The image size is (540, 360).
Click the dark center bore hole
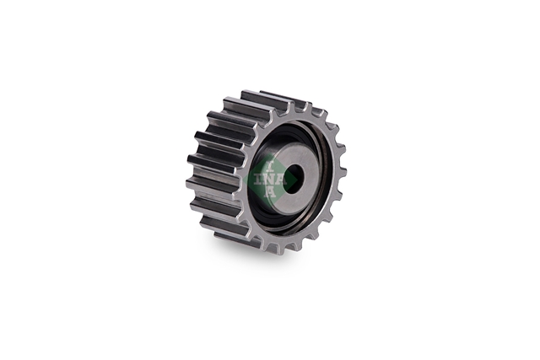point(295,175)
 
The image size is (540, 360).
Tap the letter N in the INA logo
point(270,180)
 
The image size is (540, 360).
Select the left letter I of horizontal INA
point(259,180)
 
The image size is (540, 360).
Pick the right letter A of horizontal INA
point(282,180)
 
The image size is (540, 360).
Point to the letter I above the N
point(270,167)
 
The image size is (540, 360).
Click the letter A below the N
point(270,192)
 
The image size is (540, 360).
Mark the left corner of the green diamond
point(243,180)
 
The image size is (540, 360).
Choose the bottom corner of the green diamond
point(270,207)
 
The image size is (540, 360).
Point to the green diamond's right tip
point(298,180)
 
